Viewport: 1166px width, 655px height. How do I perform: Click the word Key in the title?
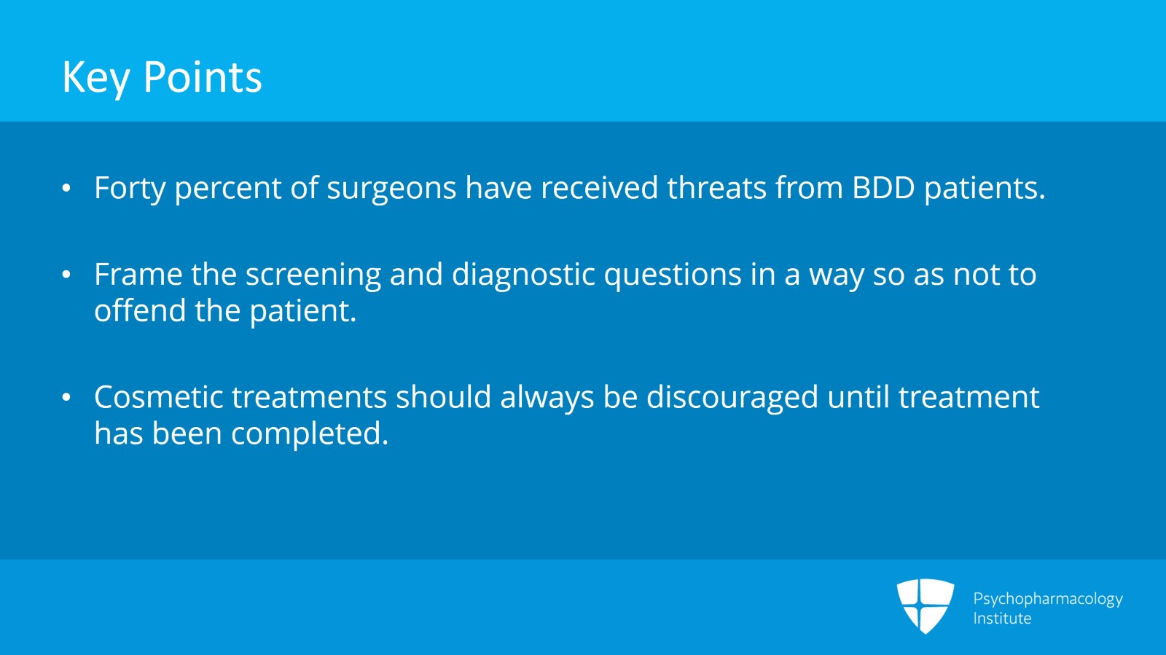95,78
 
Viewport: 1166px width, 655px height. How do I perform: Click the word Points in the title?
203,77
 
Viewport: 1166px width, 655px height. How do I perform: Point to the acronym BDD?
883,188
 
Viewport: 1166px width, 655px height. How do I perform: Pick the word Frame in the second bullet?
138,275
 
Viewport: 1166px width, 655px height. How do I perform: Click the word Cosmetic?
159,398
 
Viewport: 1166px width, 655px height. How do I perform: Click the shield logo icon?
925,605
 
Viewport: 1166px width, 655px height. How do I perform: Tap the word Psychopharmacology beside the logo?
1047,599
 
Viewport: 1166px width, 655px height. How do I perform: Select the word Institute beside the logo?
1002,619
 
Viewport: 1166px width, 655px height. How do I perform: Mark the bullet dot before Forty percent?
66,189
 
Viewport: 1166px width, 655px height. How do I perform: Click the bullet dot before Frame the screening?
66,275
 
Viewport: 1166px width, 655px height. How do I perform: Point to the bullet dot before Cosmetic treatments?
66,398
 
